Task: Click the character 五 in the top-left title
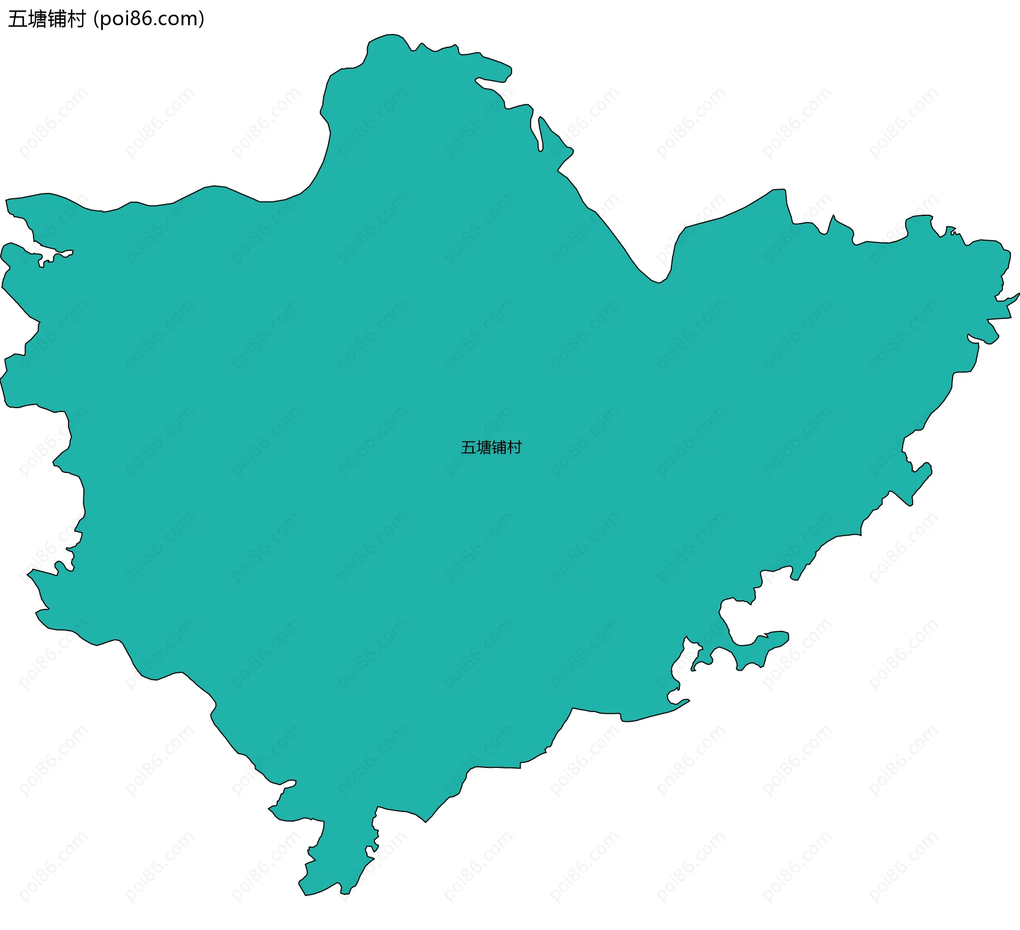click(18, 19)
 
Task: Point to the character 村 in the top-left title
click(76, 19)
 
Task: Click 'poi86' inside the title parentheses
click(126, 19)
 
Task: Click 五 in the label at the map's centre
click(468, 447)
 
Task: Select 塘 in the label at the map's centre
click(483, 447)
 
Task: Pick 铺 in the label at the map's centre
click(499, 447)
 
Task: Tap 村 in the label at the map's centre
click(514, 447)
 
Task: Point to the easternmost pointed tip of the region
click(1018, 294)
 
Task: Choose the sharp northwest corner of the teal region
click(7, 200)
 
